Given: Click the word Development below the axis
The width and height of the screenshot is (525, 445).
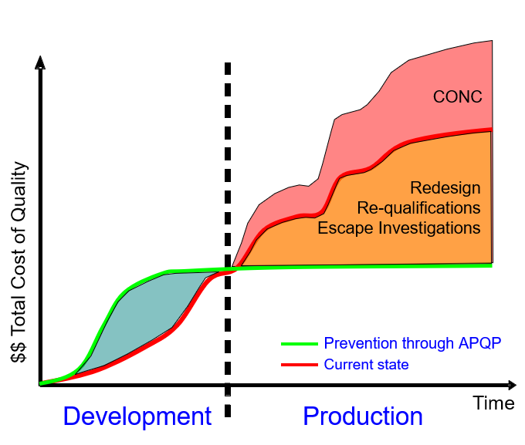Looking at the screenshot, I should click(137, 416).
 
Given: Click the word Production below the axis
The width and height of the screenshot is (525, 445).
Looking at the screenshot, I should click(362, 416).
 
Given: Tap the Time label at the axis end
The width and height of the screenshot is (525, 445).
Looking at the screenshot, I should click(493, 403).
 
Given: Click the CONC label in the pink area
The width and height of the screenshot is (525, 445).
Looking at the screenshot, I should click(457, 97).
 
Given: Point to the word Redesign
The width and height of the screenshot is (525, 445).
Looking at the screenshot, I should click(445, 188).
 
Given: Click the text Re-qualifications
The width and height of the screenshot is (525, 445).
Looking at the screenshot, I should click(419, 208).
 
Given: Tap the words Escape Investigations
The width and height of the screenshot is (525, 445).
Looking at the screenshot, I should click(399, 228).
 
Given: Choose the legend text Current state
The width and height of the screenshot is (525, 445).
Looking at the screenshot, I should click(367, 364).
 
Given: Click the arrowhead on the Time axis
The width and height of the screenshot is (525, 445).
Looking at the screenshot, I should click(510, 384).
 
